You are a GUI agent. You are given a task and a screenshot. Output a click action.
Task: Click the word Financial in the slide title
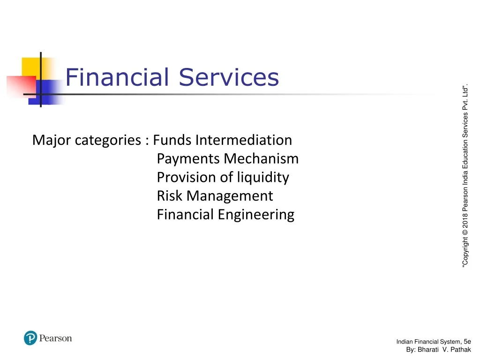[117, 77]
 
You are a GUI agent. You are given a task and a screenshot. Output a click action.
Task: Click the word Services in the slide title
[229, 77]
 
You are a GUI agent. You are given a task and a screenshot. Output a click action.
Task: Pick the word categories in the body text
[108, 141]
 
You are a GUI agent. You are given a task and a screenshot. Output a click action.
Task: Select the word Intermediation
[244, 140]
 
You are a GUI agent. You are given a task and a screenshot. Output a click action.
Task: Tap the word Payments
[188, 159]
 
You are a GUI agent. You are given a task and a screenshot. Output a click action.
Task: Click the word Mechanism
[261, 158]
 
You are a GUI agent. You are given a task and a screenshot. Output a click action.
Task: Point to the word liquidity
[263, 178]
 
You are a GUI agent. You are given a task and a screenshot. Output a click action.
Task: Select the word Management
[230, 196]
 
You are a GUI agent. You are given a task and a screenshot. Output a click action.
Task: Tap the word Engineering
[256, 215]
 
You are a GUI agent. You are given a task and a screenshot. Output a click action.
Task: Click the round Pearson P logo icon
[30, 338]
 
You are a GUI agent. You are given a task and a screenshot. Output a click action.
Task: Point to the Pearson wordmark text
[55, 338]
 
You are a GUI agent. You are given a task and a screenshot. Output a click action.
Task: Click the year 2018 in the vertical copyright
[465, 221]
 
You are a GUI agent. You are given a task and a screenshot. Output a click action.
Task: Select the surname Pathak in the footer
[461, 350]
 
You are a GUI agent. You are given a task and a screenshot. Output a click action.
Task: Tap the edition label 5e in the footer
[467, 342]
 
